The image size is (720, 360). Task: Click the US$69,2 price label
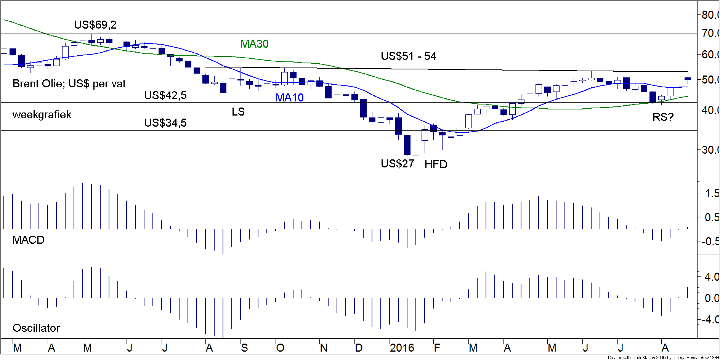coord(95,25)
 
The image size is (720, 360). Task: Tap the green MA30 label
coord(254,44)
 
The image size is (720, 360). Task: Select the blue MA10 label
coord(289,98)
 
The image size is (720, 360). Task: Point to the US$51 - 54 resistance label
coord(408,56)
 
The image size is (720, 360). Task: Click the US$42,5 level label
coord(165,95)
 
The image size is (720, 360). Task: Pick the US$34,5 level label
coord(165,123)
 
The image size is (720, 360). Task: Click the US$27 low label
coord(397,164)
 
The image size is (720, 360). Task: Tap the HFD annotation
coord(436,164)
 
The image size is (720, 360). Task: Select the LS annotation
coord(238,112)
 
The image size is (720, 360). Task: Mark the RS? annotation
coord(663,117)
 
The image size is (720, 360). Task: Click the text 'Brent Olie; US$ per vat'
coord(69,84)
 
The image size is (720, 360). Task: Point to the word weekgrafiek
coord(42,115)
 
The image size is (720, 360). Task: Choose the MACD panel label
coord(29,240)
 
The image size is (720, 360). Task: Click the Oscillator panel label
coord(36,328)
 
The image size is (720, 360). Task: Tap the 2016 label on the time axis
coord(402,348)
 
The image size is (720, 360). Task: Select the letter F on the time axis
coord(437,348)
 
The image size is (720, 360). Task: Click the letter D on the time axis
coord(358,348)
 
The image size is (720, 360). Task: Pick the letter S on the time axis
coord(244,348)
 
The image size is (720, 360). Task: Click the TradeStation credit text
coord(663,357)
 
